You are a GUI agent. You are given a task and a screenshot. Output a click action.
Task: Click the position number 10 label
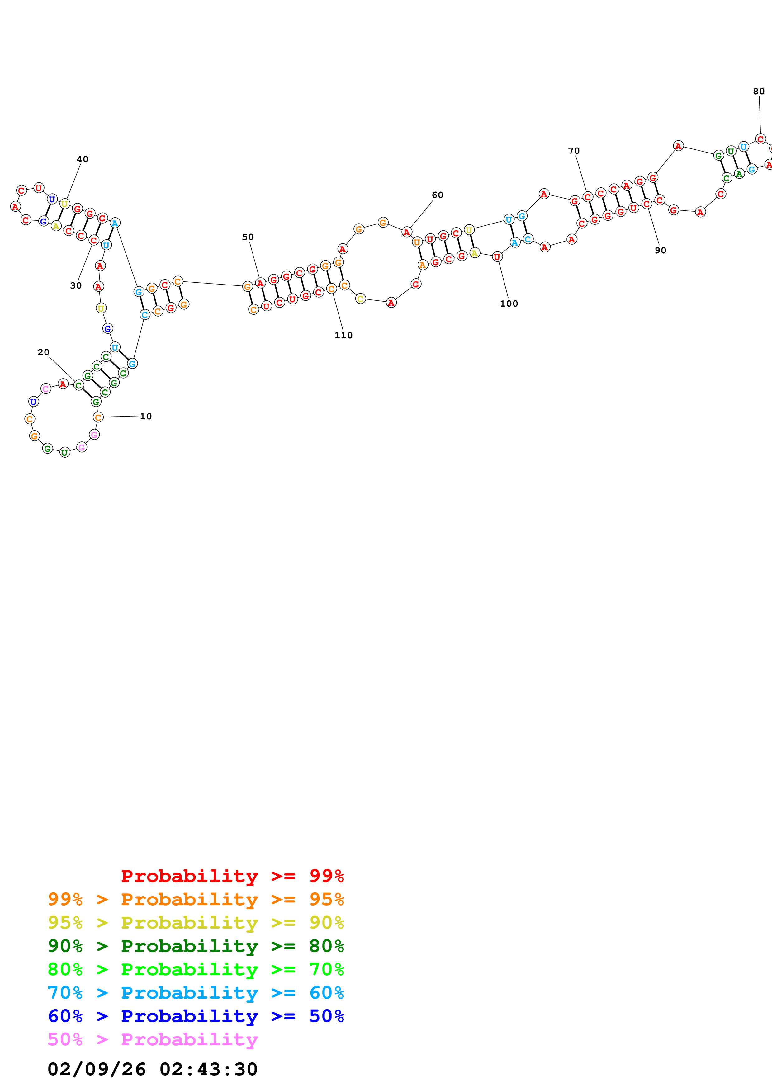coord(145,416)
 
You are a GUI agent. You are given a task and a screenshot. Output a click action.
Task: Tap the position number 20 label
coord(43,352)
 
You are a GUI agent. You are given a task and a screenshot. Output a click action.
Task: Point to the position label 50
coord(248,237)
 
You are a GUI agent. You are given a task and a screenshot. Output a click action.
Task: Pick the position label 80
coord(759,91)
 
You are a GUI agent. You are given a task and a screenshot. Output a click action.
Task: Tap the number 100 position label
coord(509,304)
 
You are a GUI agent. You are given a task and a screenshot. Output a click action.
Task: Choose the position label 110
coord(343,335)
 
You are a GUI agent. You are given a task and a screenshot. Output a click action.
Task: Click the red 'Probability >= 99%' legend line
coord(233,876)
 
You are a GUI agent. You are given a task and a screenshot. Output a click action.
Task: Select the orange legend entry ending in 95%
coord(196,899)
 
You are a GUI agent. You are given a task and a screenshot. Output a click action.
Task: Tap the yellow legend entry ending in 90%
coord(196,923)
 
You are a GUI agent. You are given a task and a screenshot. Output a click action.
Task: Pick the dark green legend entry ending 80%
coord(196,946)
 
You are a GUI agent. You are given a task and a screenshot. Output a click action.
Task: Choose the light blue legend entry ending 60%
coord(196,993)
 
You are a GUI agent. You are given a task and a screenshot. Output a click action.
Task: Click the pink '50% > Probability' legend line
coord(153,1039)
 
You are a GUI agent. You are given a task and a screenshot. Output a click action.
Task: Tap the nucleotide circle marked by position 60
coord(407,232)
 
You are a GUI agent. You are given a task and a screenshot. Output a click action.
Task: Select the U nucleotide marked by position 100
coord(497,257)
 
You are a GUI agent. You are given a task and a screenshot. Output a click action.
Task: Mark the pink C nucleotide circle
coord(46,388)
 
